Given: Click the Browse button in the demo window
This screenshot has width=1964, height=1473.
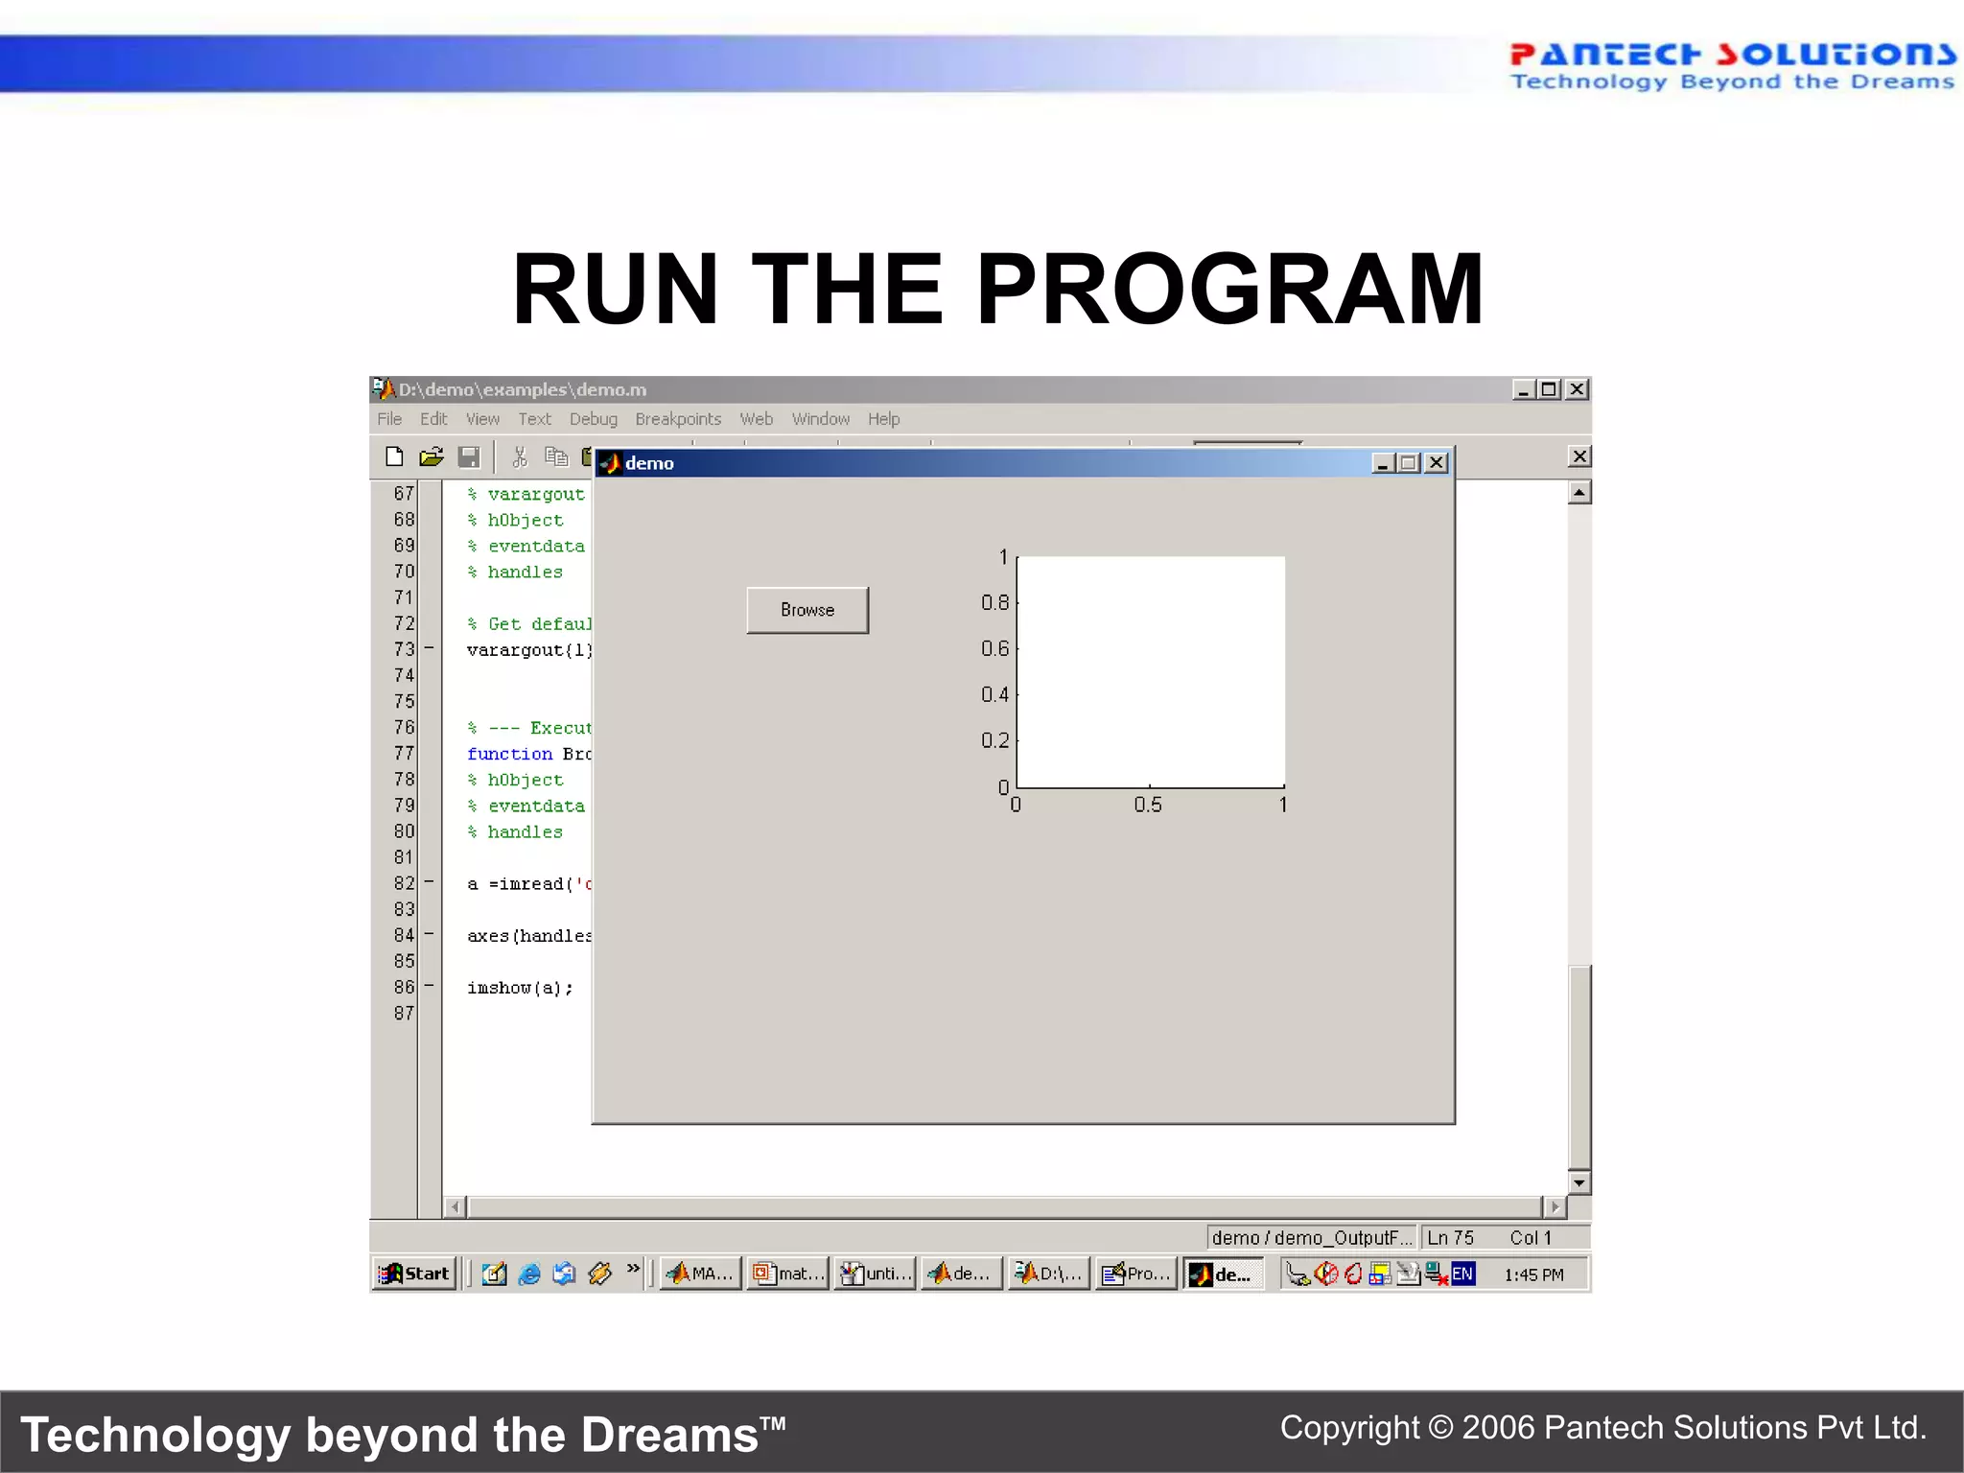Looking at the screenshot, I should tap(807, 610).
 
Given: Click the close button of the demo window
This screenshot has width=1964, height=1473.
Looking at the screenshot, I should tap(1436, 463).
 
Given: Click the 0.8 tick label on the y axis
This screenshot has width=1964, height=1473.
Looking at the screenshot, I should tap(994, 602).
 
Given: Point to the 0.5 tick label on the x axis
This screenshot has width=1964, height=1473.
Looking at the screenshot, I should tap(1147, 806).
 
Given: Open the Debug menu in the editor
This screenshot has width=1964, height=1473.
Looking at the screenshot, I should tap(593, 419).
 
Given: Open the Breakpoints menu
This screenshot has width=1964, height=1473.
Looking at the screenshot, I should tap(677, 419).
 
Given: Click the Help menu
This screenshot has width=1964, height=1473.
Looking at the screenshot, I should tap(883, 419).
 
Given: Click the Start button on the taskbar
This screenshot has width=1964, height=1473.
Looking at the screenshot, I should tap(414, 1274).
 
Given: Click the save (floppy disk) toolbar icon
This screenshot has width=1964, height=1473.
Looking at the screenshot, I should tap(469, 456).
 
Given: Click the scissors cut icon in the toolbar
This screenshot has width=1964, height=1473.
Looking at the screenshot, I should tap(520, 456).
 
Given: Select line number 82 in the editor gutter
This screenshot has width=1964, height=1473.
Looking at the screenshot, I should tap(404, 883).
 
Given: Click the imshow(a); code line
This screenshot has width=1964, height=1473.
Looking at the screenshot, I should tap(520, 988).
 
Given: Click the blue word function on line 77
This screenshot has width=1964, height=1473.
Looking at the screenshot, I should tap(509, 754).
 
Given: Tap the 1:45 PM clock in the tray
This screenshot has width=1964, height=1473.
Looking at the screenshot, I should tap(1532, 1274).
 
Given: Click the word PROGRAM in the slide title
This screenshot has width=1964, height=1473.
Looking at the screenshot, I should tap(1229, 290).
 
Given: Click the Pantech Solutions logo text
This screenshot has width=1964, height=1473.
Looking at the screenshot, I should tap(1732, 55).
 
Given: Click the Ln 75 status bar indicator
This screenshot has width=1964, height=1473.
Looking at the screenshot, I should tap(1450, 1238).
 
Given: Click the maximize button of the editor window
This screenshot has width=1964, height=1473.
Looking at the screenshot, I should tap(1549, 389).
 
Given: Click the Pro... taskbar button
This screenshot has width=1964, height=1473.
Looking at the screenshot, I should tap(1137, 1274).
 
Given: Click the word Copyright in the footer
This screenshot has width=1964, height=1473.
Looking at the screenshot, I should tap(1349, 1428).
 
